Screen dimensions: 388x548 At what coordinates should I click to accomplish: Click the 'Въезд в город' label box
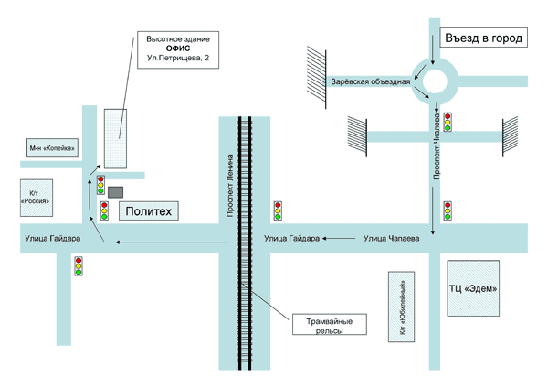click(x=483, y=39)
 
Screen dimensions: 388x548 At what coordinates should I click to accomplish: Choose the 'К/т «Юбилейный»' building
click(x=402, y=307)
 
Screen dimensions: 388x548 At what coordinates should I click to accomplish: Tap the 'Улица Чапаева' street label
click(x=391, y=239)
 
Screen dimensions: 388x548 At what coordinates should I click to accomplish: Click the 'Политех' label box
click(x=148, y=211)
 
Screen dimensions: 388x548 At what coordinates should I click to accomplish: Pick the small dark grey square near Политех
click(x=115, y=191)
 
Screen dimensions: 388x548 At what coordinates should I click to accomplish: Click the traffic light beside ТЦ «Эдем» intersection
click(x=448, y=211)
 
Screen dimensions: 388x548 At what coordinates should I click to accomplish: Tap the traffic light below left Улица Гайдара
click(x=79, y=265)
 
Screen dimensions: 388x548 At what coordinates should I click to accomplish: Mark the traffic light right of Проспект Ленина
click(x=278, y=211)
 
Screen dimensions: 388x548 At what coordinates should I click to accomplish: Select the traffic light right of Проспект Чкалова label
click(x=459, y=120)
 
